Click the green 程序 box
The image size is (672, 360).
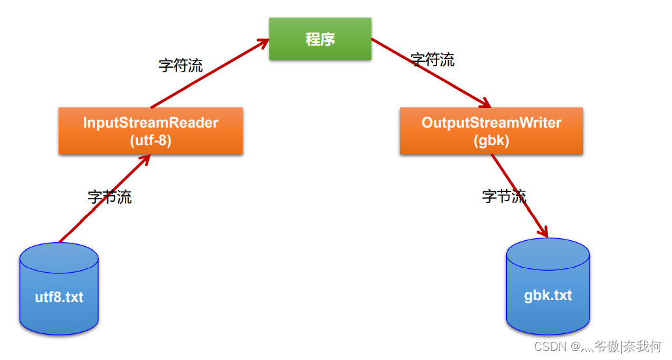coord(320,39)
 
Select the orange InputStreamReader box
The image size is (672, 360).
coord(150,131)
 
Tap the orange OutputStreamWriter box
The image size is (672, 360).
coord(491,131)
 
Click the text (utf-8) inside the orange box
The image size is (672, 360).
coord(150,141)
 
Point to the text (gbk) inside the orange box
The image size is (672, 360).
coord(491,141)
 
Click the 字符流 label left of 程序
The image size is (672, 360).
coord(180,65)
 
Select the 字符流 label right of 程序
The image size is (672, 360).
coord(433,60)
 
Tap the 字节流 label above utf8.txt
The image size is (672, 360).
coord(110,197)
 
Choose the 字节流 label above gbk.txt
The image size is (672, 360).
coord(504,196)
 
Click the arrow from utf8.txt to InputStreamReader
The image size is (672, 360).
coord(104,199)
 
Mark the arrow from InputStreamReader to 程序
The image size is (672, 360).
coord(208,74)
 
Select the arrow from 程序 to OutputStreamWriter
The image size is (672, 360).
coord(429,72)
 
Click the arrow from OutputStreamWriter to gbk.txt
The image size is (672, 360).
coord(519,196)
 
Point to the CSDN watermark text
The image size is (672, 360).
coord(597,346)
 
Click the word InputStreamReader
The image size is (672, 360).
coord(150,122)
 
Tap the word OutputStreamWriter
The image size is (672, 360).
coord(491,122)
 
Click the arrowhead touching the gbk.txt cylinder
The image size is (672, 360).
coord(543,232)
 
